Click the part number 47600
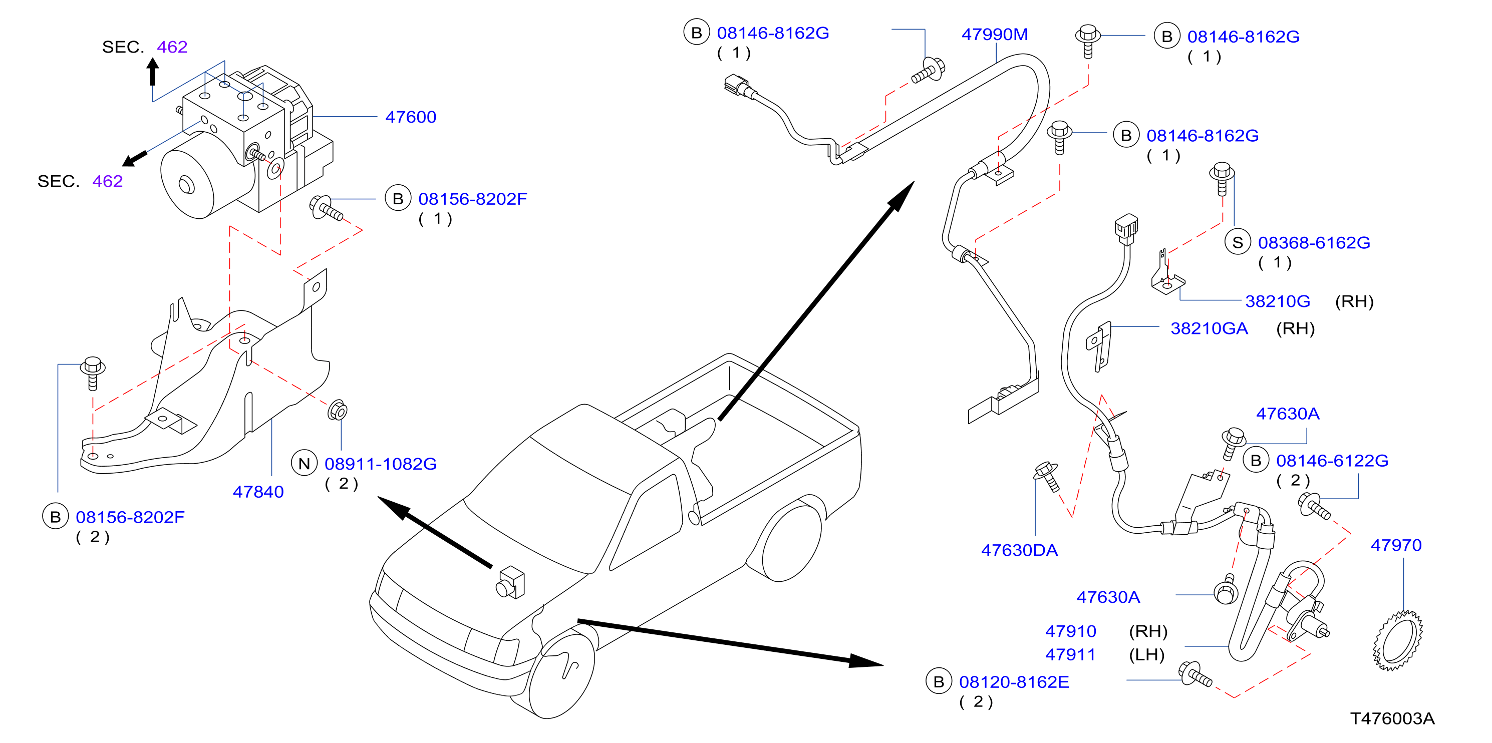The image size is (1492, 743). pyautogui.click(x=411, y=117)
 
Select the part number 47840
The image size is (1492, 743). pyautogui.click(x=258, y=492)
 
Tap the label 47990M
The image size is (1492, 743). pyautogui.click(x=995, y=34)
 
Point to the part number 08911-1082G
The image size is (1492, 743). pyautogui.click(x=381, y=464)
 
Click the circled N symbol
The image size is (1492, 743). pyautogui.click(x=304, y=463)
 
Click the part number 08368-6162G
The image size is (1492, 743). pyautogui.click(x=1314, y=243)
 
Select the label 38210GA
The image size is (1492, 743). pyautogui.click(x=1209, y=328)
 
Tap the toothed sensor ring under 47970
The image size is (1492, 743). pyautogui.click(x=1397, y=640)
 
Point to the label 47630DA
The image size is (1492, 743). pyautogui.click(x=1019, y=550)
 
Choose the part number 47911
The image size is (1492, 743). pyautogui.click(x=1070, y=654)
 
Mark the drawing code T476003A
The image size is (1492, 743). pyautogui.click(x=1392, y=718)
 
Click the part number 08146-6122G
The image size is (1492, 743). pyautogui.click(x=1332, y=461)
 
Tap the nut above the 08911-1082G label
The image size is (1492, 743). pyautogui.click(x=338, y=411)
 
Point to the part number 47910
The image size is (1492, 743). pyautogui.click(x=1070, y=631)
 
